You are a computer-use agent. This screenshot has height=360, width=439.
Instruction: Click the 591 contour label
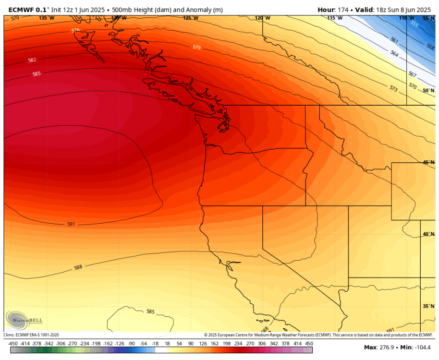tap(71, 224)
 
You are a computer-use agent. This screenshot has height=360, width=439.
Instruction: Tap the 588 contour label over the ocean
tap(78, 267)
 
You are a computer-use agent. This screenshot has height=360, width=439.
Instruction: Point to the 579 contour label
tap(196, 47)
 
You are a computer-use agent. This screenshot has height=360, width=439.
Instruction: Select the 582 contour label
tap(32, 60)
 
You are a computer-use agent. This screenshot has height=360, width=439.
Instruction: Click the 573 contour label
tap(394, 88)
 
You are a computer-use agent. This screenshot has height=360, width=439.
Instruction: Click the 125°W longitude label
tap(190, 18)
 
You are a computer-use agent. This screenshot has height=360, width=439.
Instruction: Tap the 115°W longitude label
tap(335, 18)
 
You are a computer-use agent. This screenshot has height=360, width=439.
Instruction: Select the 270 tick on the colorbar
tap(250, 344)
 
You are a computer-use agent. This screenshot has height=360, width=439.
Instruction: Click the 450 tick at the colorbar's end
tap(309, 344)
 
